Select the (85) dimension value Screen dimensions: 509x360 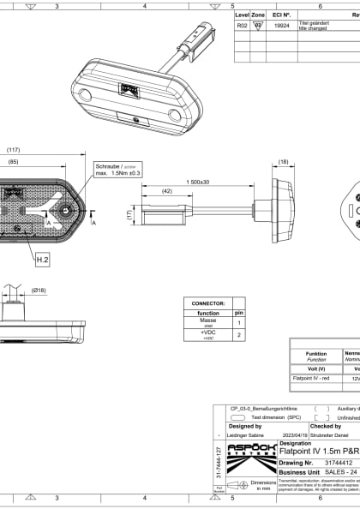[14, 161]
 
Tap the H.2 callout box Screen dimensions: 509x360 [42, 257]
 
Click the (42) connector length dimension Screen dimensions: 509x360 [167, 192]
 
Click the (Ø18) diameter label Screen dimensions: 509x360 [39, 290]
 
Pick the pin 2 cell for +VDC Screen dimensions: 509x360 [239, 336]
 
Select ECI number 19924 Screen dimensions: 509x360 [281, 27]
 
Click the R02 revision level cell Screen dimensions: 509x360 [242, 27]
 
